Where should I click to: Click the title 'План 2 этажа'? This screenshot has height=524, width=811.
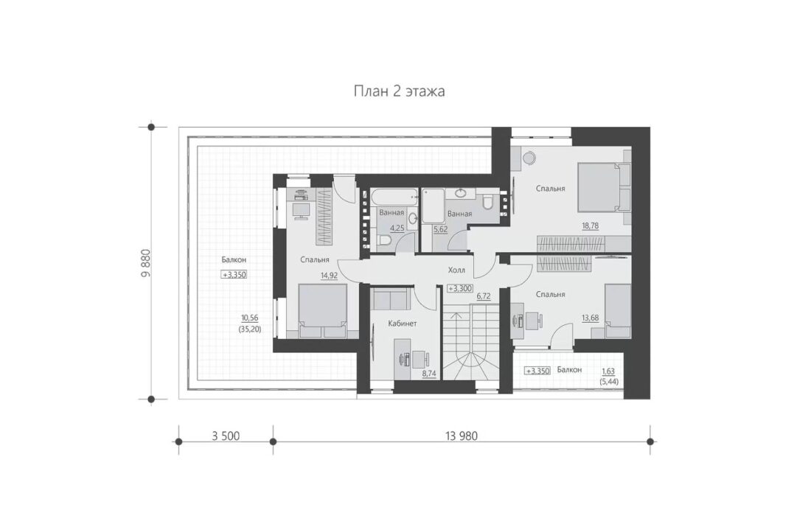click(x=400, y=91)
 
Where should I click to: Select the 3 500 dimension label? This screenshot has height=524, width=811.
click(x=226, y=436)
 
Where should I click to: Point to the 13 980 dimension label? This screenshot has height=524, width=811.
click(x=462, y=436)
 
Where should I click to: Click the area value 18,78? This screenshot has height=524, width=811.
click(x=590, y=226)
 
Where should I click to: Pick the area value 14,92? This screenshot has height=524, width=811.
click(x=329, y=276)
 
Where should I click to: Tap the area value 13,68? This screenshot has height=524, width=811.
click(x=590, y=318)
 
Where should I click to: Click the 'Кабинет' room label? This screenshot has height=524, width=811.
click(x=403, y=324)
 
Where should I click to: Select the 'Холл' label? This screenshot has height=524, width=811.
click(x=456, y=270)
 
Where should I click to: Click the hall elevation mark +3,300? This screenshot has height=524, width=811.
click(x=460, y=289)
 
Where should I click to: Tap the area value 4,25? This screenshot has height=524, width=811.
click(x=397, y=228)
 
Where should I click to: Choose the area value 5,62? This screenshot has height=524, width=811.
click(x=440, y=228)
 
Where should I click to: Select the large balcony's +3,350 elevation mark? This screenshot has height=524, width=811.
click(x=234, y=275)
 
